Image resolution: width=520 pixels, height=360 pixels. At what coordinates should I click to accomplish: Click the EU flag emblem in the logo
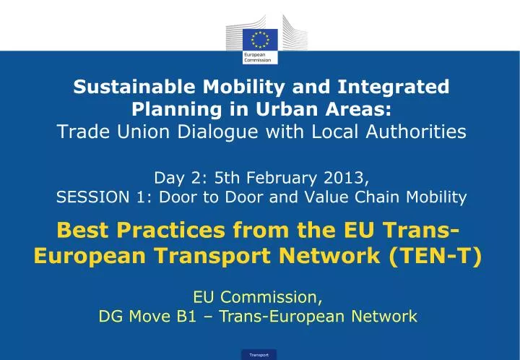(x=259, y=39)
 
